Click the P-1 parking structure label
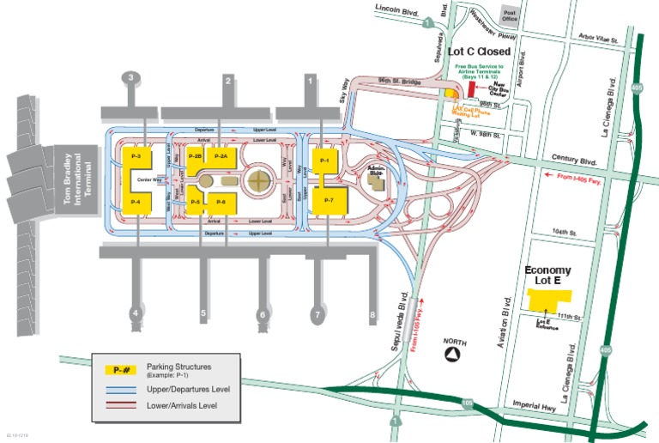coord(324,161)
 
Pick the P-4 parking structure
coord(136,201)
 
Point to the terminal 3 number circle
coord(130,78)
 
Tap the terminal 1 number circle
coord(310,80)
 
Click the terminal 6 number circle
coord(262,315)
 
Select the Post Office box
coord(510,15)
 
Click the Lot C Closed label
coord(480,52)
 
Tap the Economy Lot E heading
coord(547,276)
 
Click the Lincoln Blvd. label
coord(397,9)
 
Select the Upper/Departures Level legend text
coord(189,389)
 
